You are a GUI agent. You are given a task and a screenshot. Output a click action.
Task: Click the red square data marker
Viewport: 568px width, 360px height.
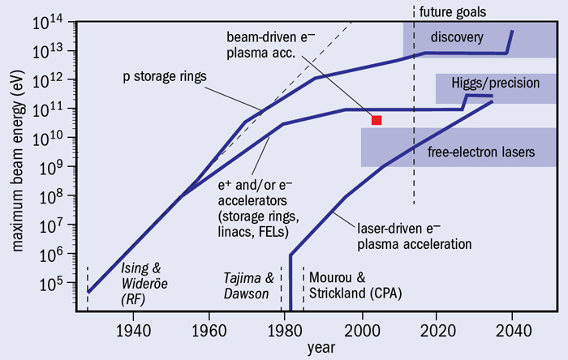(x=377, y=120)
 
